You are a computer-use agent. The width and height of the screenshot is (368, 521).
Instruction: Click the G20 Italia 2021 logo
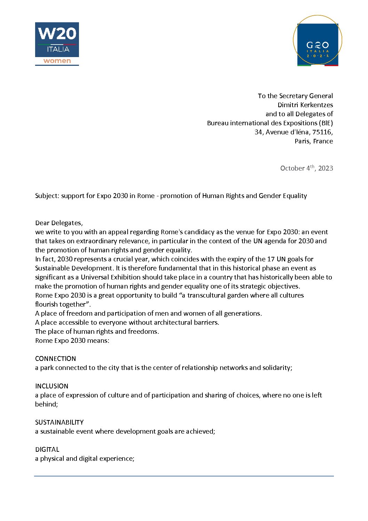pyautogui.click(x=318, y=40)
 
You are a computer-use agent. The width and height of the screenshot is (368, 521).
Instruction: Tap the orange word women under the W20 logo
pyautogui.click(x=57, y=61)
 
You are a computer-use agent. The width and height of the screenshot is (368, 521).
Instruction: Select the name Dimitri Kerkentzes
pyautogui.click(x=305, y=105)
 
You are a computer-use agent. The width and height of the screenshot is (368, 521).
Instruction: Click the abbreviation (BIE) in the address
pyautogui.click(x=326, y=123)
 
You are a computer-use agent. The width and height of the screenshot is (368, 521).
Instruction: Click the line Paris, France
pyautogui.click(x=314, y=141)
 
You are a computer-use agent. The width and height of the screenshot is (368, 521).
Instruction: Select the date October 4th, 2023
pyautogui.click(x=306, y=168)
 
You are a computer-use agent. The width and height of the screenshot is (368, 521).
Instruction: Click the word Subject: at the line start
pyautogui.click(x=47, y=196)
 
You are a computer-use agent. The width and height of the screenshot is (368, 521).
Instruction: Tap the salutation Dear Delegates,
pyautogui.click(x=59, y=223)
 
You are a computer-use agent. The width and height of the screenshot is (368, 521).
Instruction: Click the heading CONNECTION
pyautogui.click(x=55, y=358)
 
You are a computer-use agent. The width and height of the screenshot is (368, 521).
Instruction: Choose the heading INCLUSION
pyautogui.click(x=51, y=386)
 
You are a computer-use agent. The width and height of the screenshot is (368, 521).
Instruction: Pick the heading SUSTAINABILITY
pyautogui.click(x=59, y=422)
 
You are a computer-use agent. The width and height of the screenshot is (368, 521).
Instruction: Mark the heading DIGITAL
pyautogui.click(x=47, y=449)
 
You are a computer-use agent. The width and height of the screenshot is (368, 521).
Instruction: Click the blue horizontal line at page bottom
pyautogui.click(x=184, y=476)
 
